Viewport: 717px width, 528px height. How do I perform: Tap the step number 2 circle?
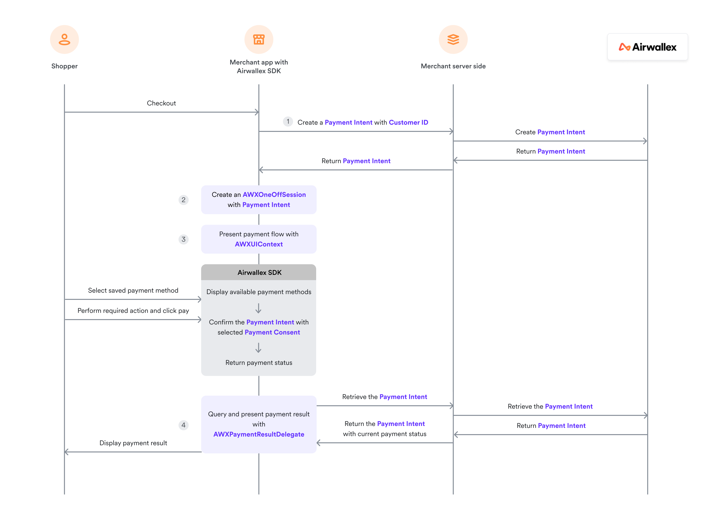[183, 200]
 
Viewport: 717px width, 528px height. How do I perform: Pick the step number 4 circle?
[183, 425]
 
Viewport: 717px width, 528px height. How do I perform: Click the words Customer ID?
[408, 122]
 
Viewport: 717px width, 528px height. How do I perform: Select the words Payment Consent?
[272, 332]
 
